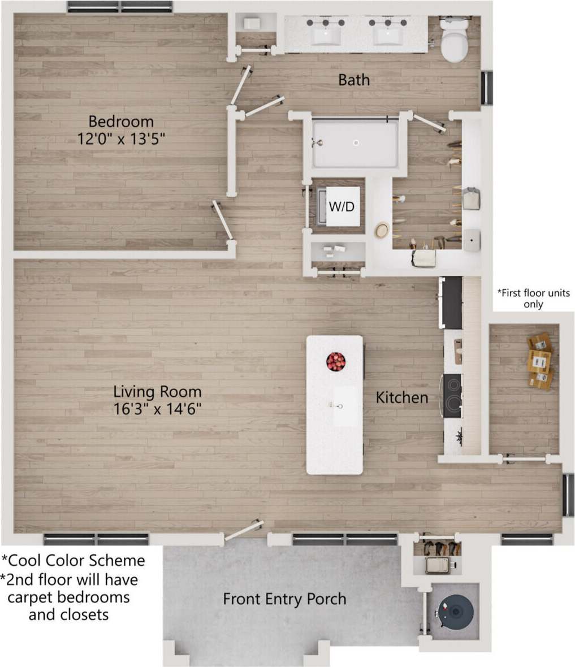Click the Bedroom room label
point(121,122)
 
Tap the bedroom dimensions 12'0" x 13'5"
point(121,138)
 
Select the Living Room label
point(157,391)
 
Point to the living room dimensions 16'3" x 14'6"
point(157,409)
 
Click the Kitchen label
point(402,397)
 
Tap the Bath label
point(354,80)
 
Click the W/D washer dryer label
point(341,207)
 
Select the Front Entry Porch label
point(284,599)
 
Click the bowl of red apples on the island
point(336,361)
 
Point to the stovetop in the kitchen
point(452,396)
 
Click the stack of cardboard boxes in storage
point(539,361)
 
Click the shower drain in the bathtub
point(356,143)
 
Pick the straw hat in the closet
point(382,231)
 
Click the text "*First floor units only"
point(533,298)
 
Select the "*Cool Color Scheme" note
point(74,560)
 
